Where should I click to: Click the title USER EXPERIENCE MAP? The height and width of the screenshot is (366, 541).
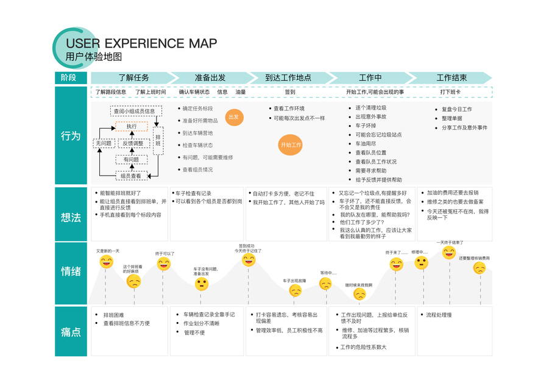tap(141, 43)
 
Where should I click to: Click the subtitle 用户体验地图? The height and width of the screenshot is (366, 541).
tap(94, 57)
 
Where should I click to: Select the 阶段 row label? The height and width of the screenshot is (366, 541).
tap(70, 78)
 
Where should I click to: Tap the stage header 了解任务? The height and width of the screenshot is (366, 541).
tap(133, 78)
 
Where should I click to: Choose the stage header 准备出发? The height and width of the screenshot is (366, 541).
tap(210, 78)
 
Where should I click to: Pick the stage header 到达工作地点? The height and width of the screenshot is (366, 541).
tap(288, 78)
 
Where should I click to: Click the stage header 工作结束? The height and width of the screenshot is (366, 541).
tap(451, 78)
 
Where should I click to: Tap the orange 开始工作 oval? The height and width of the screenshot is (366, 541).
tap(290, 145)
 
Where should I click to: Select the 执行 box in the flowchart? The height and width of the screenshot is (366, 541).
tap(132, 126)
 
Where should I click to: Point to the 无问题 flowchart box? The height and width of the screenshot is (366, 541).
tap(103, 143)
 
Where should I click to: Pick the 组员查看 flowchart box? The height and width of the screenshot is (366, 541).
tap(132, 176)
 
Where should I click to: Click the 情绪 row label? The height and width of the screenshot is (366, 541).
tap(70, 271)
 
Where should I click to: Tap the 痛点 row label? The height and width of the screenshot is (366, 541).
tap(70, 331)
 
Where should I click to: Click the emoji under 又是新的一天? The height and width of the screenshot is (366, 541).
tap(106, 262)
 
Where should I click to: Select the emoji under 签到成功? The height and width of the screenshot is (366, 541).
tap(249, 260)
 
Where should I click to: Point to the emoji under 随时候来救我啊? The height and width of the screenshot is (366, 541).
tap(359, 295)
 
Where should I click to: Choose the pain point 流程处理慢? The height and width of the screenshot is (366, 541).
tap(439, 315)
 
